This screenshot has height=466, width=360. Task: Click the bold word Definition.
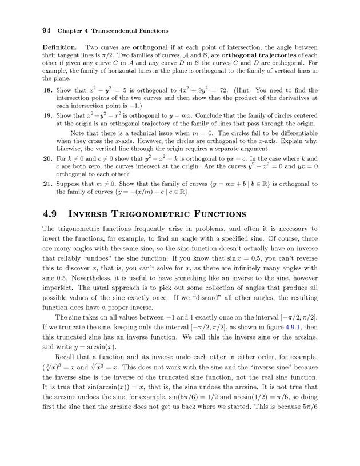tap(59, 46)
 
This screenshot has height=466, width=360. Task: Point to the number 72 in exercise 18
tap(216, 91)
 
